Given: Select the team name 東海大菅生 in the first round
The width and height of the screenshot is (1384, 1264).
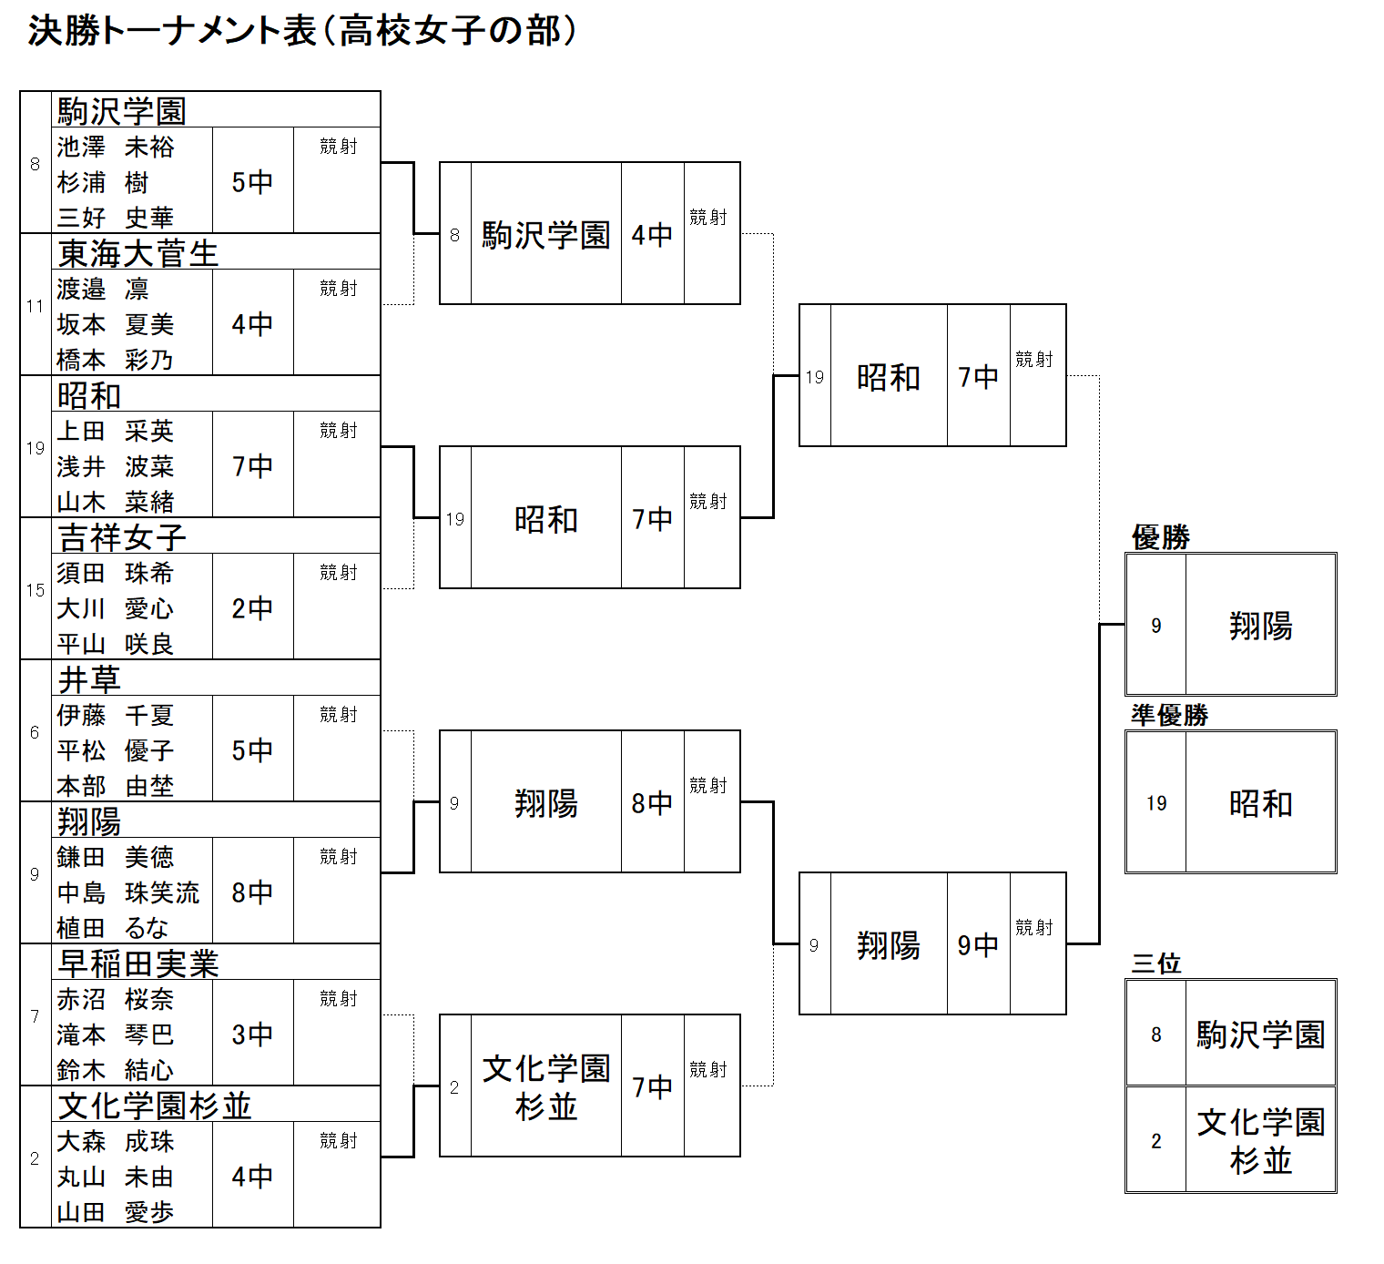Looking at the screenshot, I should pyautogui.click(x=137, y=253).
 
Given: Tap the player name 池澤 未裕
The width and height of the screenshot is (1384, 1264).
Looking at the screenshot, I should pyautogui.click(x=116, y=147).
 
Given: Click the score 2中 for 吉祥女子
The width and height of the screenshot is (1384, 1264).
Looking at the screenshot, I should pyautogui.click(x=252, y=607).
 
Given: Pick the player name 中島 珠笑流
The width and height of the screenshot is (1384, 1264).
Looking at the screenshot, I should pyautogui.click(x=128, y=892).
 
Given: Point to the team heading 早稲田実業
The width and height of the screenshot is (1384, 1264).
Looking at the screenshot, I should pyautogui.click(x=137, y=963).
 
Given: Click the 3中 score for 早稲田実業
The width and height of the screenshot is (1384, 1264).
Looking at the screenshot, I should pyautogui.click(x=252, y=1035).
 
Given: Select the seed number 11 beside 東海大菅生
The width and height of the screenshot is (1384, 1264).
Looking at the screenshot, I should pyautogui.click(x=36, y=306).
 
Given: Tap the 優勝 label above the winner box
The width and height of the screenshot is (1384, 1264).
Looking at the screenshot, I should pyautogui.click(x=1161, y=537).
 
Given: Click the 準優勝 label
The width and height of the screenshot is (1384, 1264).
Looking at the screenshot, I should pyautogui.click(x=1170, y=715).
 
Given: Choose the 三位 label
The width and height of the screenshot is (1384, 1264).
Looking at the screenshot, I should pyautogui.click(x=1156, y=963).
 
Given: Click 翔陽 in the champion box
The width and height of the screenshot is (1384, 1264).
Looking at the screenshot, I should pyautogui.click(x=1261, y=626).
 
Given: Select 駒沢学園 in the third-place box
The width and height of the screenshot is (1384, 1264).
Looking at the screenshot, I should pyautogui.click(x=1261, y=1035).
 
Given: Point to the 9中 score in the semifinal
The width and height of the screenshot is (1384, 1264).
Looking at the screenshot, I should pyautogui.click(x=978, y=945).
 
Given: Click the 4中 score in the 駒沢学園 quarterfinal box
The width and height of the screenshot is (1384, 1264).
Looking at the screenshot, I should pyautogui.click(x=652, y=235).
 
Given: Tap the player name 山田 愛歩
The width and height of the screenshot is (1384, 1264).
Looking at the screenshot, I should pyautogui.click(x=116, y=1212).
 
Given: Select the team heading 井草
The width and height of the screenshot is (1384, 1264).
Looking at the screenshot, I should pyautogui.click(x=89, y=679).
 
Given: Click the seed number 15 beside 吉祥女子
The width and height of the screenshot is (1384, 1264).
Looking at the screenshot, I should pyautogui.click(x=36, y=590).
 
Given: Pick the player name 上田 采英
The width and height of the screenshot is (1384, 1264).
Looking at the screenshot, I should pyautogui.click(x=116, y=431).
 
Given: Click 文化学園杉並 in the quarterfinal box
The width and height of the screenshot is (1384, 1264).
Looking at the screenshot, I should pyautogui.click(x=546, y=1087).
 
